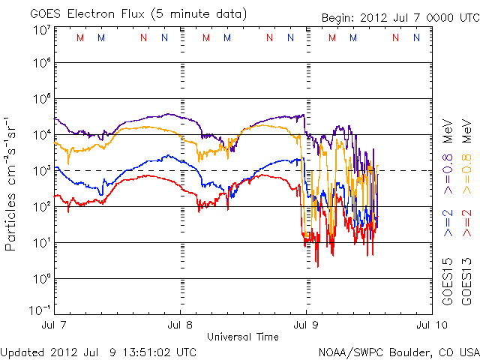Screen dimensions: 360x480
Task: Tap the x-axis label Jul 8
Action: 180,325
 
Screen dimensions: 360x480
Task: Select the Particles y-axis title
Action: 12,217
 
